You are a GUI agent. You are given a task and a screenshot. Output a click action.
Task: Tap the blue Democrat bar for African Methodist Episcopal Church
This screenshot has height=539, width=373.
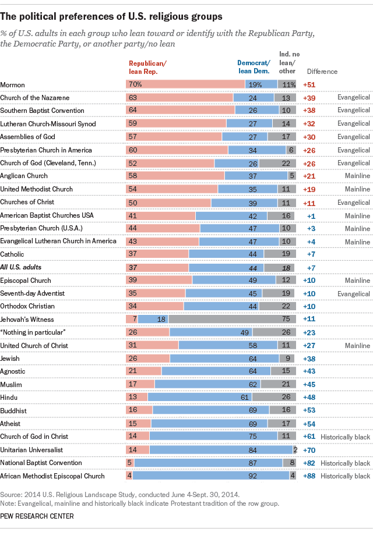(x=211, y=476)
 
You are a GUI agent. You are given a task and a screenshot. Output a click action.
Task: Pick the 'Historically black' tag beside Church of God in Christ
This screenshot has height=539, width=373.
(x=348, y=437)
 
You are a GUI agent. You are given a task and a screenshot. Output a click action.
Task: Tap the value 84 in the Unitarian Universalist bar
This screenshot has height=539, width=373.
(x=221, y=450)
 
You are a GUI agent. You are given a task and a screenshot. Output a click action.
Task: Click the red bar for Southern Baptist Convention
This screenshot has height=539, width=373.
(x=180, y=110)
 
